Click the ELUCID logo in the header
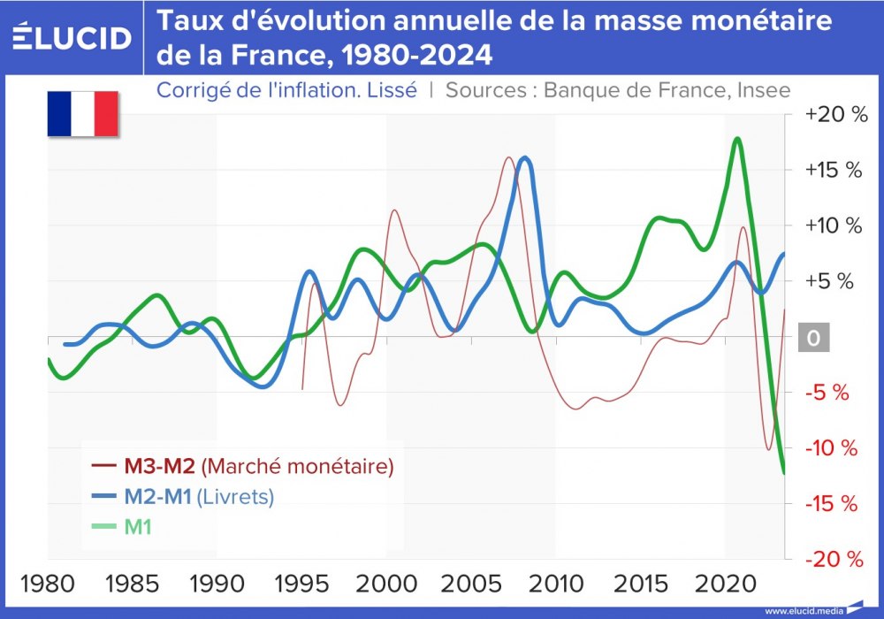click(72, 37)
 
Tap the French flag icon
click(83, 113)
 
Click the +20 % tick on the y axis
click(833, 114)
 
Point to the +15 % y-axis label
click(833, 170)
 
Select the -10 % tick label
click(833, 448)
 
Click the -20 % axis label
click(833, 559)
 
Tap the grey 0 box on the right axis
click(813, 338)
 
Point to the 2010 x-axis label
click(557, 585)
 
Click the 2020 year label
click(727, 585)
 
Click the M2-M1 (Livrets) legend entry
click(205, 496)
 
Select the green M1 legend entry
click(137, 527)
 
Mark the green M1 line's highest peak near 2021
click(736, 139)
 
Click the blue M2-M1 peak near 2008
click(525, 158)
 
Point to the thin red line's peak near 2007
click(509, 158)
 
